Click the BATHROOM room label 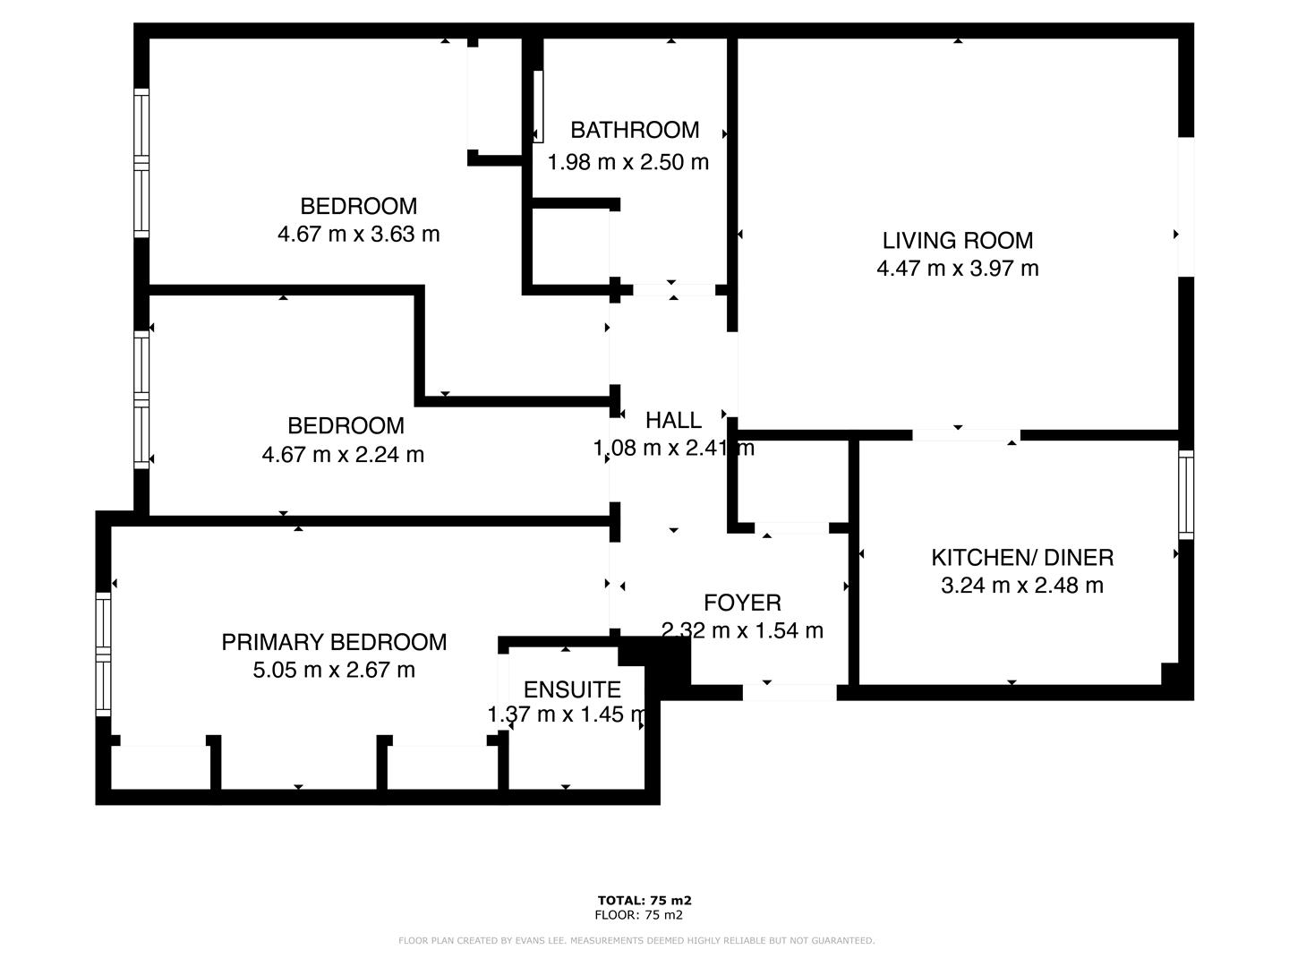tap(635, 130)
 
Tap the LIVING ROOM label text tap(957, 240)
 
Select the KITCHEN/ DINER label tap(1022, 557)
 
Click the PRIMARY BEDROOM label tap(334, 641)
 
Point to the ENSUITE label tap(572, 689)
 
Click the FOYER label tap(742, 603)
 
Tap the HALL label tap(673, 420)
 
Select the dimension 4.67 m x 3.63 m tap(358, 235)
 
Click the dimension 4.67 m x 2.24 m tap(343, 455)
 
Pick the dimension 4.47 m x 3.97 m tap(957, 269)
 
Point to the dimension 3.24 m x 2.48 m tap(1022, 586)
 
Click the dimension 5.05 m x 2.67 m tap(334, 670)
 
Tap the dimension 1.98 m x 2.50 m tap(628, 162)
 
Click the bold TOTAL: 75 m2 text tap(644, 901)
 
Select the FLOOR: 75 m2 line tap(638, 915)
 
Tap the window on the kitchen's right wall tap(1186, 494)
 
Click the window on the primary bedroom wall tap(104, 654)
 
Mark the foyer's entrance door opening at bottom tap(790, 692)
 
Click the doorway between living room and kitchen tap(966, 435)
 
